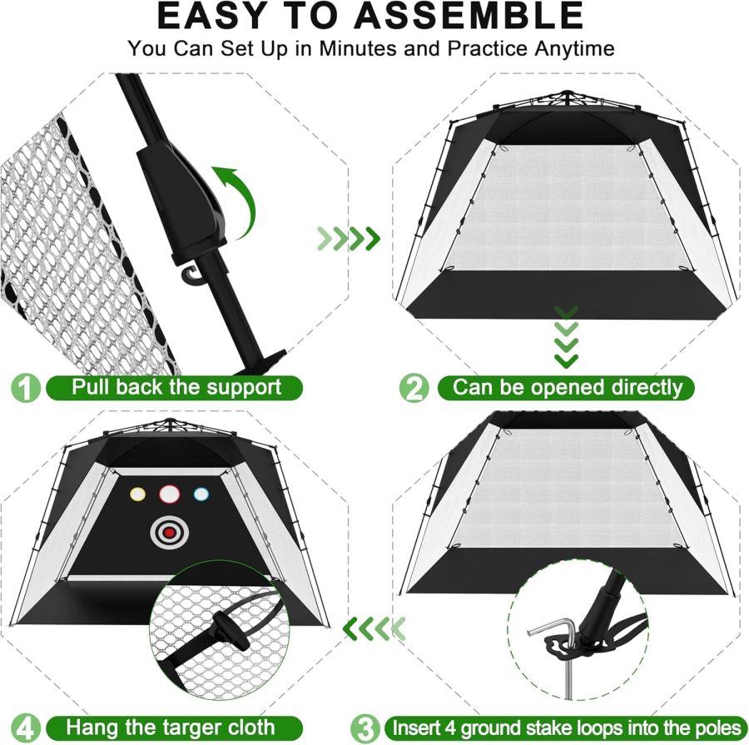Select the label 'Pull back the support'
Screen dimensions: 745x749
click(x=176, y=387)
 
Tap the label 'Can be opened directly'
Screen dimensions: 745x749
click(x=568, y=387)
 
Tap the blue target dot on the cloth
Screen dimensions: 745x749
click(x=201, y=494)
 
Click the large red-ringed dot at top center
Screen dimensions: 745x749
click(x=169, y=494)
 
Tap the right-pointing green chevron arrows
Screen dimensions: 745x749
click(x=348, y=240)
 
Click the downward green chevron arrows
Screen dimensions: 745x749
click(x=567, y=337)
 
